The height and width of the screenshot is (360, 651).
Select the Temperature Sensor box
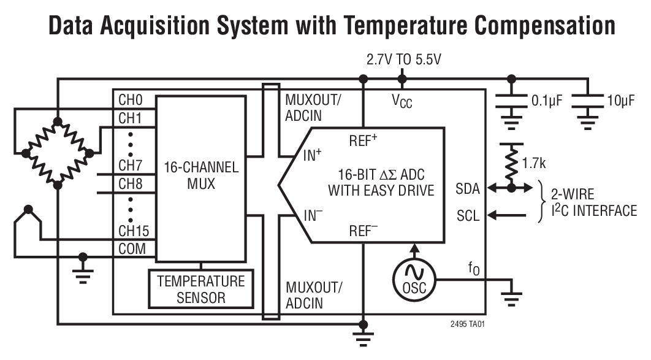(201, 289)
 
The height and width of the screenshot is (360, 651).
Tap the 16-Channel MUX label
(201, 175)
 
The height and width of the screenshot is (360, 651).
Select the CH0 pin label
(130, 99)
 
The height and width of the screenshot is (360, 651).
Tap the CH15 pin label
(133, 232)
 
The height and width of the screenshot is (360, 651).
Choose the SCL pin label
(469, 215)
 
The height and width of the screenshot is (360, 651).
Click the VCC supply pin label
(402, 101)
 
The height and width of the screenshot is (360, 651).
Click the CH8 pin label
(130, 183)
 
